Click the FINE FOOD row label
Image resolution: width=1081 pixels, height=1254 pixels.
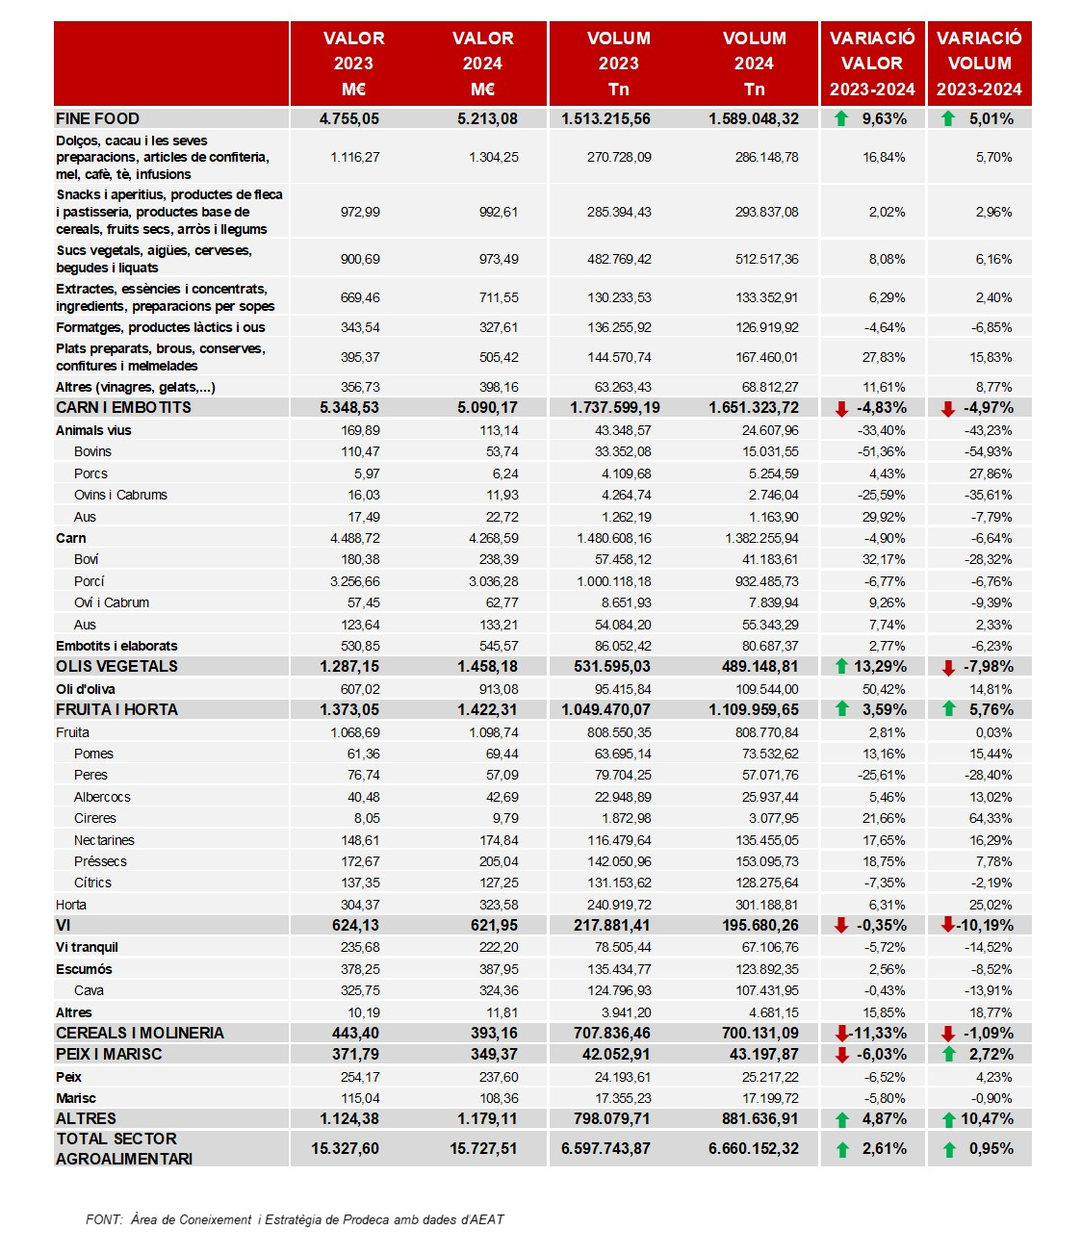click(x=97, y=118)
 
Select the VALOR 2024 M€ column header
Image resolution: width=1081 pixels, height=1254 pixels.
click(x=482, y=64)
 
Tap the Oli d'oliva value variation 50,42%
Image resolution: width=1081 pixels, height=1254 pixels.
click(x=883, y=688)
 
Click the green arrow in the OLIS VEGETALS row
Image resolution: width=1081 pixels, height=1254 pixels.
click(x=840, y=666)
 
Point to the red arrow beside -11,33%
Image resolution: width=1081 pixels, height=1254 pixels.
click(x=841, y=1034)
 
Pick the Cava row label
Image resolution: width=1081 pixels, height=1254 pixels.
click(x=89, y=990)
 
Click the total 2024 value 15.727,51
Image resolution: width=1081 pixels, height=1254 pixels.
click(x=483, y=1148)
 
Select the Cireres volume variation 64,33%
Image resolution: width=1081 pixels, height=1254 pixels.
click(x=990, y=818)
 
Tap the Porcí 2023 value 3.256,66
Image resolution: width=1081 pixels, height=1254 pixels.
click(x=354, y=581)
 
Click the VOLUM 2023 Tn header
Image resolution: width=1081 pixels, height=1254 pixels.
click(x=619, y=64)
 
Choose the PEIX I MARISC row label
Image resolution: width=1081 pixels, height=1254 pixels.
click(x=109, y=1054)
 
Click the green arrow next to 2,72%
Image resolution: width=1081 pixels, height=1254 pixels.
click(x=948, y=1055)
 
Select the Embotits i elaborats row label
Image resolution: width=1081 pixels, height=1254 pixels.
click(x=116, y=646)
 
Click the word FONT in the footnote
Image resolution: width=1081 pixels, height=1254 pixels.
click(x=104, y=1219)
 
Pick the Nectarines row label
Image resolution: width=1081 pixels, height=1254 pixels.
click(x=104, y=839)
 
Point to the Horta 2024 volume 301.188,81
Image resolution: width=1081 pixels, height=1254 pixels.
click(x=766, y=905)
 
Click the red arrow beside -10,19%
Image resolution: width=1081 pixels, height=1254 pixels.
click(x=947, y=925)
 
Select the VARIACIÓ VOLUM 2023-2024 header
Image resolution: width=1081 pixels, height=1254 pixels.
click(x=979, y=64)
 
